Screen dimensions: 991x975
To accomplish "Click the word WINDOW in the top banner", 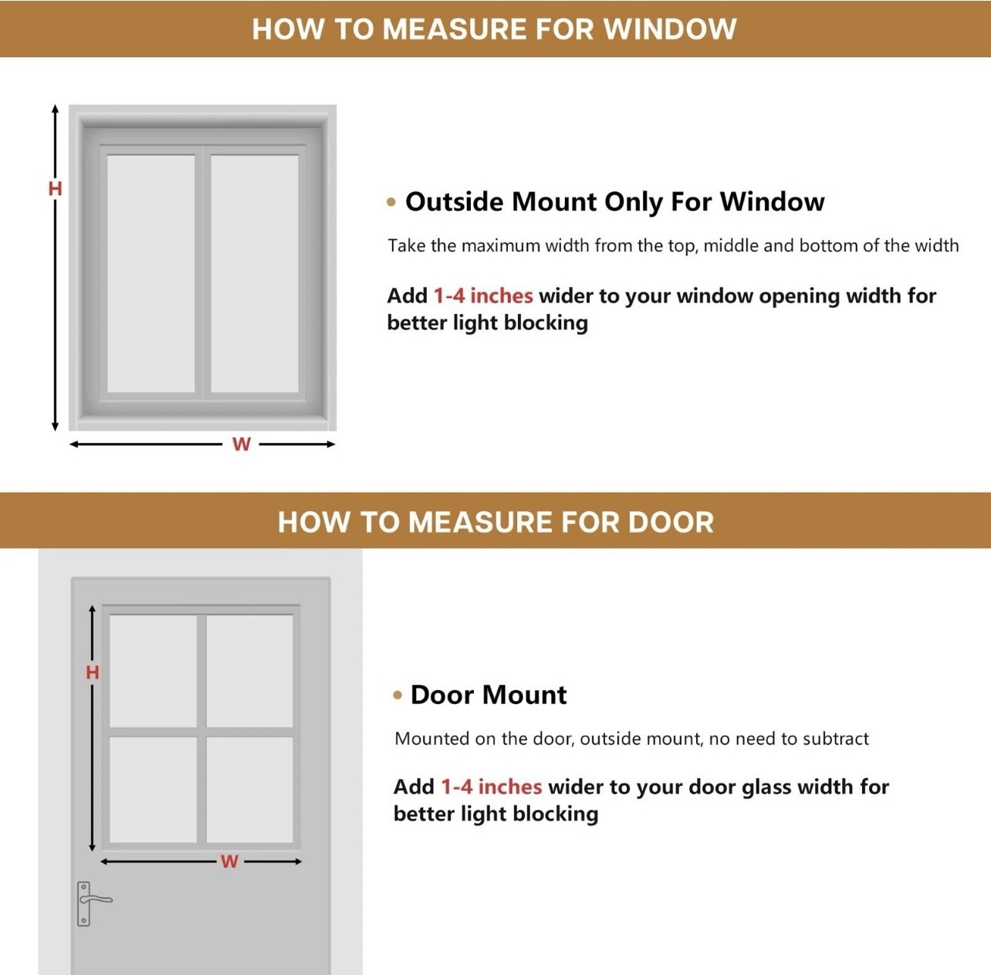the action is pyautogui.click(x=670, y=29).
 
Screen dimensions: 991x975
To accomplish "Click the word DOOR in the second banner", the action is pyautogui.click(x=671, y=522).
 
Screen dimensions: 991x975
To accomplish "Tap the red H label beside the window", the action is pyautogui.click(x=55, y=189).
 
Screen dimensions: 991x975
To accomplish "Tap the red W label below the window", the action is pyautogui.click(x=242, y=444).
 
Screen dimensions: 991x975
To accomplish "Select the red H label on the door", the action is pyautogui.click(x=93, y=672).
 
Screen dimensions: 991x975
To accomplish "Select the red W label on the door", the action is pyautogui.click(x=229, y=862).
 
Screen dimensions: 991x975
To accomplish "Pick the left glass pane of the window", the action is pyautogui.click(x=151, y=274).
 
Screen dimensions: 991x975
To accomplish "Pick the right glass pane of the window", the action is pyautogui.click(x=255, y=274).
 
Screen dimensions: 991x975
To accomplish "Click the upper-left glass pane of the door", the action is pyautogui.click(x=154, y=671).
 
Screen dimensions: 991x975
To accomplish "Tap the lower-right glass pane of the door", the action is pyautogui.click(x=250, y=790).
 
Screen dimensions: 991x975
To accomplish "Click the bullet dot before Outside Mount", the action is pyautogui.click(x=391, y=202).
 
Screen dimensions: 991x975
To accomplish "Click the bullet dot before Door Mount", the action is pyautogui.click(x=397, y=696).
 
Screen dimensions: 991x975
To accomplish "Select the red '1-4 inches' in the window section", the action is pyautogui.click(x=483, y=296).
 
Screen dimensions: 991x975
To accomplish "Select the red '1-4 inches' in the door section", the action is pyautogui.click(x=492, y=787).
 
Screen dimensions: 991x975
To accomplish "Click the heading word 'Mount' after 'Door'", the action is pyautogui.click(x=525, y=695).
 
